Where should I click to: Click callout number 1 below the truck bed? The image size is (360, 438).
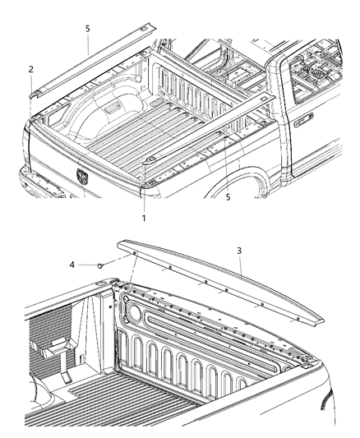point(144,218)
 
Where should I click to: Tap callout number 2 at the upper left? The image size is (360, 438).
point(30,69)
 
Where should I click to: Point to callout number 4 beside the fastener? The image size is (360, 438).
point(72,265)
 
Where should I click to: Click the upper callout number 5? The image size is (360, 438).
point(88,27)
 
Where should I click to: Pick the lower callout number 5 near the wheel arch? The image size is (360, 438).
point(228,197)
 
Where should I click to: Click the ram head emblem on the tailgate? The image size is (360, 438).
point(82,175)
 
